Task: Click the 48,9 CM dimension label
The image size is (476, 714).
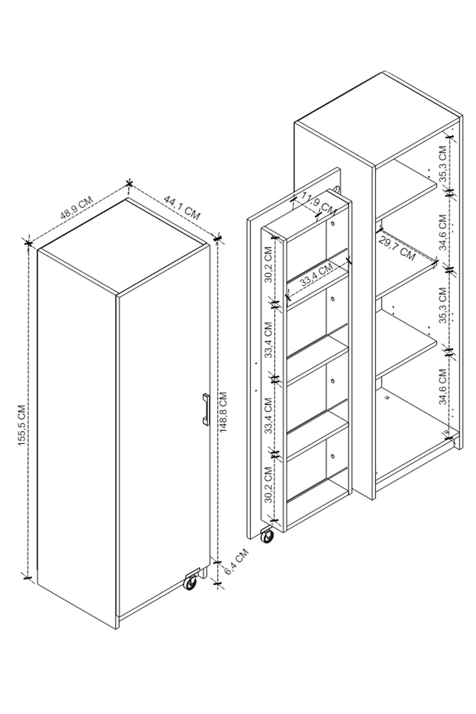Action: [x=76, y=207]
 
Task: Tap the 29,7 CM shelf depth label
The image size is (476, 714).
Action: [x=397, y=248]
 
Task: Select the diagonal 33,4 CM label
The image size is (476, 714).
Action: [x=317, y=275]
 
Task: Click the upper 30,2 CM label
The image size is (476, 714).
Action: [x=269, y=265]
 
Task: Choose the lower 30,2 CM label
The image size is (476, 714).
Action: [x=269, y=484]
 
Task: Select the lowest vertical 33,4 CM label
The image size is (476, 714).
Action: [x=269, y=415]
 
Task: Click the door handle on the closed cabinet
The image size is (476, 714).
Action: [x=205, y=409]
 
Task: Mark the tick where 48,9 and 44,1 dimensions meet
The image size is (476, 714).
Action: [x=129, y=183]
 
